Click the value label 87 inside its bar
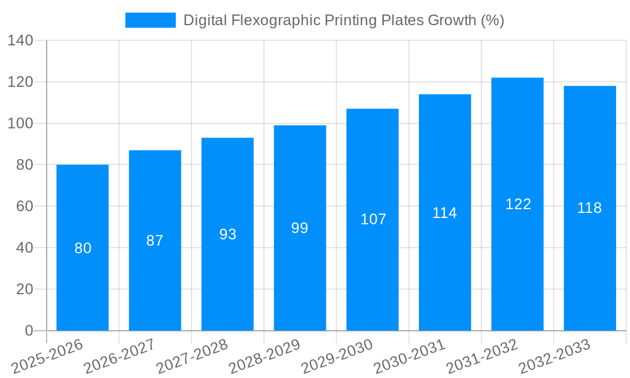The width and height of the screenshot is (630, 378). click(x=155, y=241)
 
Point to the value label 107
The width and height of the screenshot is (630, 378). click(x=373, y=219)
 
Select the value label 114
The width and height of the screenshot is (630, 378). click(x=445, y=213)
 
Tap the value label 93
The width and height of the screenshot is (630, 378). click(x=227, y=234)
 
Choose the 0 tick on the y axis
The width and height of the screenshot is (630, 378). click(x=29, y=331)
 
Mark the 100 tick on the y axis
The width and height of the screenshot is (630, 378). click(x=21, y=123)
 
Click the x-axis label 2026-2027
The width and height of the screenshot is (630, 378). click(x=120, y=357)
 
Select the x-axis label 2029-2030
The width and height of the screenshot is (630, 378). click(x=337, y=357)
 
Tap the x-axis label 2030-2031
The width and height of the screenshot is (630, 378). click(x=409, y=357)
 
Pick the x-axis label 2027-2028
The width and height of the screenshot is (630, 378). click(x=192, y=357)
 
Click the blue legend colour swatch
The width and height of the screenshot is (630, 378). click(x=150, y=21)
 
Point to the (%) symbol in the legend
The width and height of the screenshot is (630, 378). click(x=492, y=21)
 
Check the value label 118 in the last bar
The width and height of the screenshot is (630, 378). click(x=590, y=208)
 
